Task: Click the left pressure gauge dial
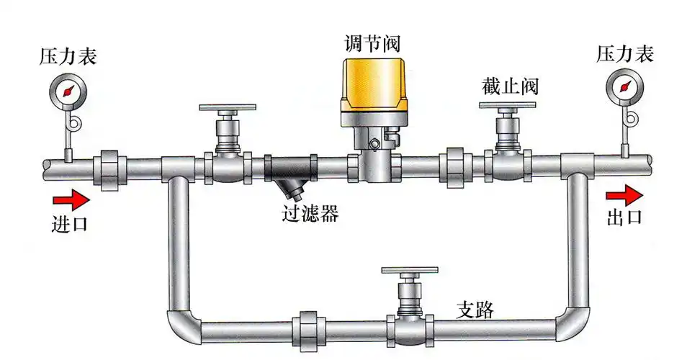68,91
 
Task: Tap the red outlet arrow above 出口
624,194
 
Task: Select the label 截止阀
510,88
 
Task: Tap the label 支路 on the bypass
476,310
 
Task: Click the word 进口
70,223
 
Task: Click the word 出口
624,218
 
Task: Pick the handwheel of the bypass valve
409,271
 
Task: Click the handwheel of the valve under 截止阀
508,107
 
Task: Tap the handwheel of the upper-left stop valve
228,109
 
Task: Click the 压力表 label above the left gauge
68,57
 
